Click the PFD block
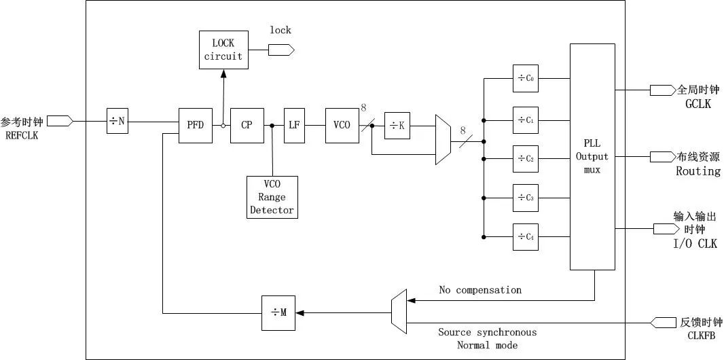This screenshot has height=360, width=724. point(196,125)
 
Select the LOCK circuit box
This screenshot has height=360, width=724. point(223,50)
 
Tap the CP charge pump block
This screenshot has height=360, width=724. point(247,125)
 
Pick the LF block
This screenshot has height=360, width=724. point(294,125)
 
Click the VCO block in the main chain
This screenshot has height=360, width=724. point(342,125)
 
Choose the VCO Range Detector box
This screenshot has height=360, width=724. point(272,197)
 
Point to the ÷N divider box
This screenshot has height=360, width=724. point(117,122)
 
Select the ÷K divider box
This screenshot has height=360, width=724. point(397,126)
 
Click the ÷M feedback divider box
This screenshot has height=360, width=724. point(278,312)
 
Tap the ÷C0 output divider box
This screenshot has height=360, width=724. point(526,78)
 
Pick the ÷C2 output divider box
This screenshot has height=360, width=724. point(526,158)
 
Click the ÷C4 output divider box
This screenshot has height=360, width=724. point(526,237)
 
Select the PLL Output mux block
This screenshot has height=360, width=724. point(592,156)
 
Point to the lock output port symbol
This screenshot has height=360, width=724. point(281,50)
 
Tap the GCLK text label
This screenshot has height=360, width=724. point(698,104)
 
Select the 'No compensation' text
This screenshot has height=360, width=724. point(480,290)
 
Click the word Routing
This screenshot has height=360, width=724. point(698,171)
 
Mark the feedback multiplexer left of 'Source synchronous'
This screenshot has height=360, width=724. point(399,312)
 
